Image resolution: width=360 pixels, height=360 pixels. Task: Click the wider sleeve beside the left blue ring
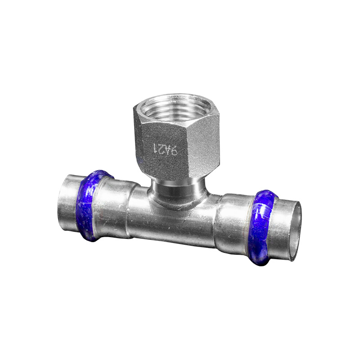coord(115,205)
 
